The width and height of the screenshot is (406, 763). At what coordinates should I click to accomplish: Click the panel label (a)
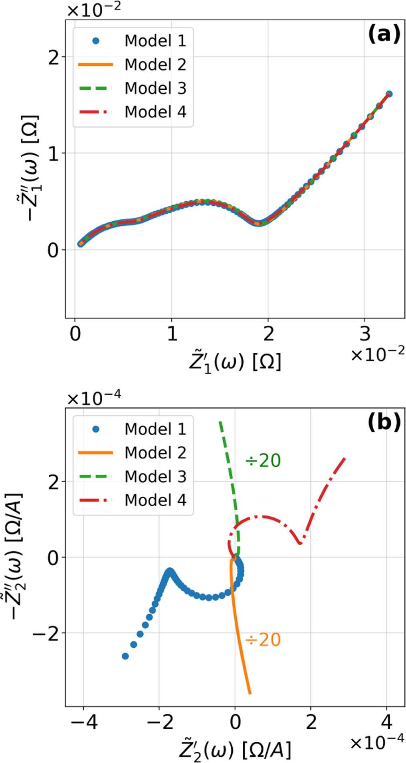coord(384,34)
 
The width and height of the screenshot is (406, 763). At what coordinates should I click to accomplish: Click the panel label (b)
coord(384,422)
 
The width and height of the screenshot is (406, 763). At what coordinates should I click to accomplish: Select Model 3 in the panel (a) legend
coord(155,88)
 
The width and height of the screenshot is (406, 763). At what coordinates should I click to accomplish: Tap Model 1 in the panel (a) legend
coord(155,41)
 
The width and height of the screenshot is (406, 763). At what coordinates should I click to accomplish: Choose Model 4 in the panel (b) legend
coord(155,500)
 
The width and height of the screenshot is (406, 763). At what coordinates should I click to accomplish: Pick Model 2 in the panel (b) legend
coord(155,453)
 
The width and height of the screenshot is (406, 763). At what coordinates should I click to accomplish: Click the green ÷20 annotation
coord(263,460)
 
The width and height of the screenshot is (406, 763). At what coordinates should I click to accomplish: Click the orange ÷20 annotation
coord(263,640)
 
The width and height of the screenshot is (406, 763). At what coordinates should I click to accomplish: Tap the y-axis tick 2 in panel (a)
coord(53,58)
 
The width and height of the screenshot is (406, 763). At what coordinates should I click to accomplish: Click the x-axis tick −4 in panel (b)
coord(83,722)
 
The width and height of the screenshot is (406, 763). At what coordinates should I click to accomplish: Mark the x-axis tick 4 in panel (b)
coord(386,722)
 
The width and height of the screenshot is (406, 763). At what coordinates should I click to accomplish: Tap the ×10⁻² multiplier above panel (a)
coord(94,10)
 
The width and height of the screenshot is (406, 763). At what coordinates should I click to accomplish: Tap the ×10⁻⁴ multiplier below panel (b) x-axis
coord(377,741)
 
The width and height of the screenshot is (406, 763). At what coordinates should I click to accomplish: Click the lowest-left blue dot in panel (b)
coord(125,656)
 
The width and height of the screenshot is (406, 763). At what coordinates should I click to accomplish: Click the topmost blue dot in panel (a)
coord(389,94)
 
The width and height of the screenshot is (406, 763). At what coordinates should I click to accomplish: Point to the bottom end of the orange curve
coord(250,693)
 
